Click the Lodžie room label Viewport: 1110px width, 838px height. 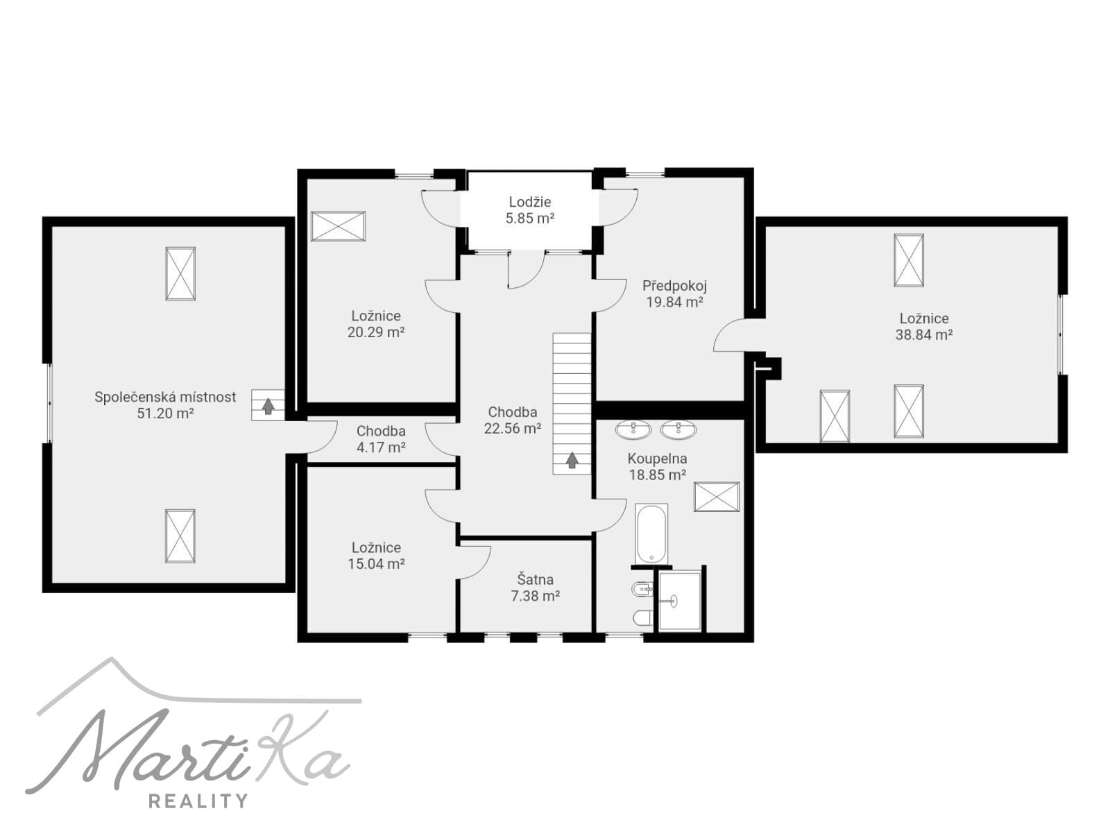[x=529, y=202]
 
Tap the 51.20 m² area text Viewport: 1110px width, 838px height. [x=165, y=413]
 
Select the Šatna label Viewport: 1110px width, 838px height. [x=535, y=579]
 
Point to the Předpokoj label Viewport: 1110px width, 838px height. [x=674, y=286]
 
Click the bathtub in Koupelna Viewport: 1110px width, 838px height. [x=652, y=533]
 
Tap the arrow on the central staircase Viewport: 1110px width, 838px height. [x=572, y=460]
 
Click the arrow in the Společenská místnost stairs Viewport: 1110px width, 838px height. [x=268, y=406]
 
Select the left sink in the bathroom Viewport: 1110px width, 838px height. [x=633, y=430]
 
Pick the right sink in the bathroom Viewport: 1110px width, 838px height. [x=678, y=430]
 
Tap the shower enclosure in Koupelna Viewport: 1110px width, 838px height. [x=680, y=601]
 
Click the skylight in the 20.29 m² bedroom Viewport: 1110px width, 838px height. [x=338, y=226]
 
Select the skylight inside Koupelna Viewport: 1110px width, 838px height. [x=717, y=497]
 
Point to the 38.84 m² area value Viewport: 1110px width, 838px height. [x=924, y=335]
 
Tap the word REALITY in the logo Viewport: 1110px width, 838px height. [x=198, y=801]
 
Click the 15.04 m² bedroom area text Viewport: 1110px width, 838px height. [x=376, y=564]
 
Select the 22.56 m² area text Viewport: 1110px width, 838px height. [x=513, y=429]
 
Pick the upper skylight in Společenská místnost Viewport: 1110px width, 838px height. [x=180, y=274]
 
